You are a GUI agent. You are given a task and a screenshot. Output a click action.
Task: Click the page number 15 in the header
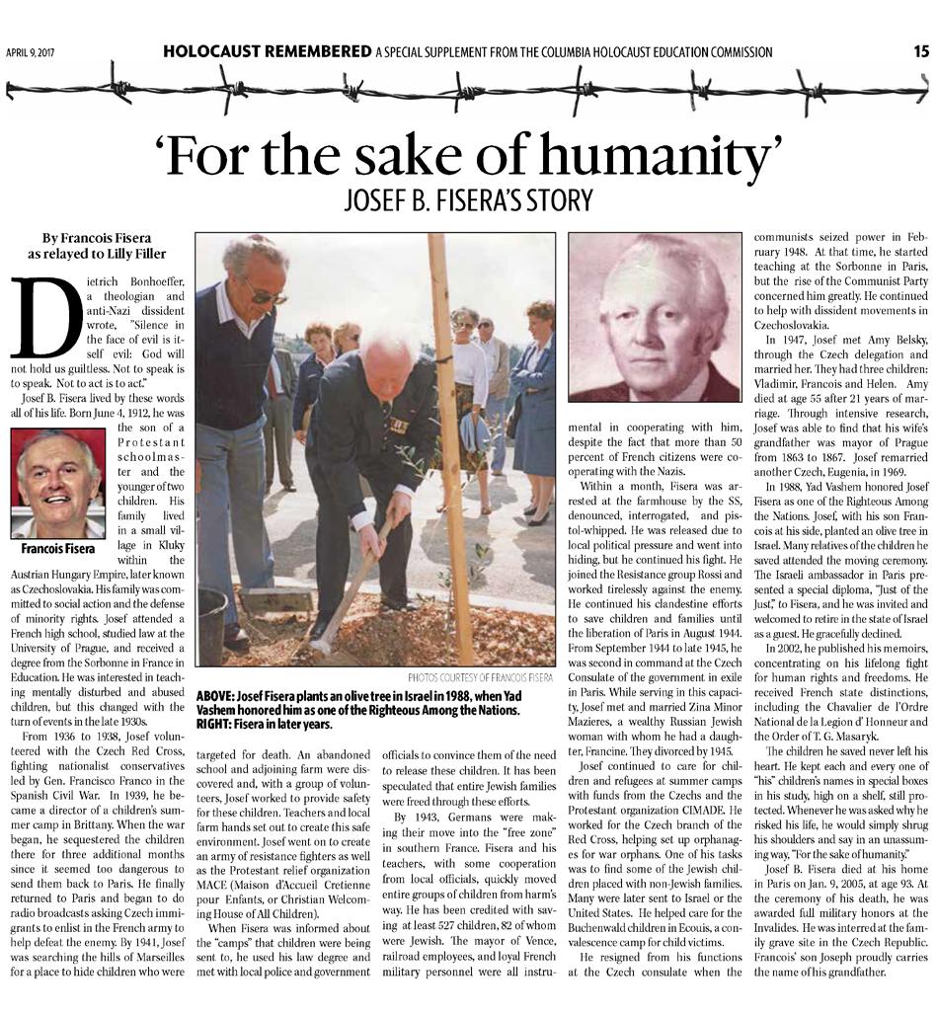coord(921,51)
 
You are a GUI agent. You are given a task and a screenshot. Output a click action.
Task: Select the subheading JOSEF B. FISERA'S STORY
coord(468,200)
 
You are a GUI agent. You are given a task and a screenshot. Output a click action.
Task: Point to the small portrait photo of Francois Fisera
coord(57,483)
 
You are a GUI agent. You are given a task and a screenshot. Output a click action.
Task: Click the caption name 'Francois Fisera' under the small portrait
coord(57,548)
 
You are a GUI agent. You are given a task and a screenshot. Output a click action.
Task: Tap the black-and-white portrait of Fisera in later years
coord(655,318)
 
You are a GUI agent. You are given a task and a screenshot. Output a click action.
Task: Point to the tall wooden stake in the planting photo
coord(450,444)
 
